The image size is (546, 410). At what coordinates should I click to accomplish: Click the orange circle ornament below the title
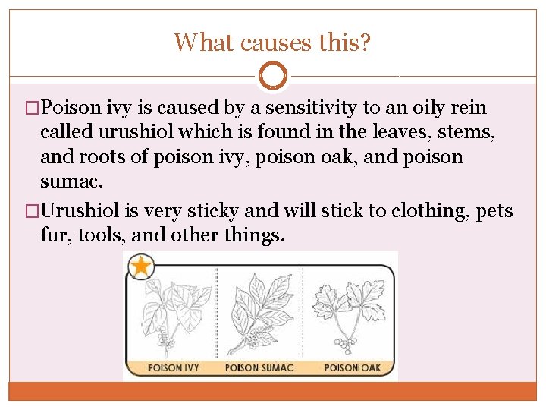[273, 76]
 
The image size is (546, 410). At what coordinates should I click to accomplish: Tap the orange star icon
[142, 267]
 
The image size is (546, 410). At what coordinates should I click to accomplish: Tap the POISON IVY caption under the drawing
[173, 367]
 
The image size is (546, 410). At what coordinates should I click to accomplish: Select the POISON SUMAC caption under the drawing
[259, 367]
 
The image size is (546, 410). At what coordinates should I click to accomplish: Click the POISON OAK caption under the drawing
[352, 367]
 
